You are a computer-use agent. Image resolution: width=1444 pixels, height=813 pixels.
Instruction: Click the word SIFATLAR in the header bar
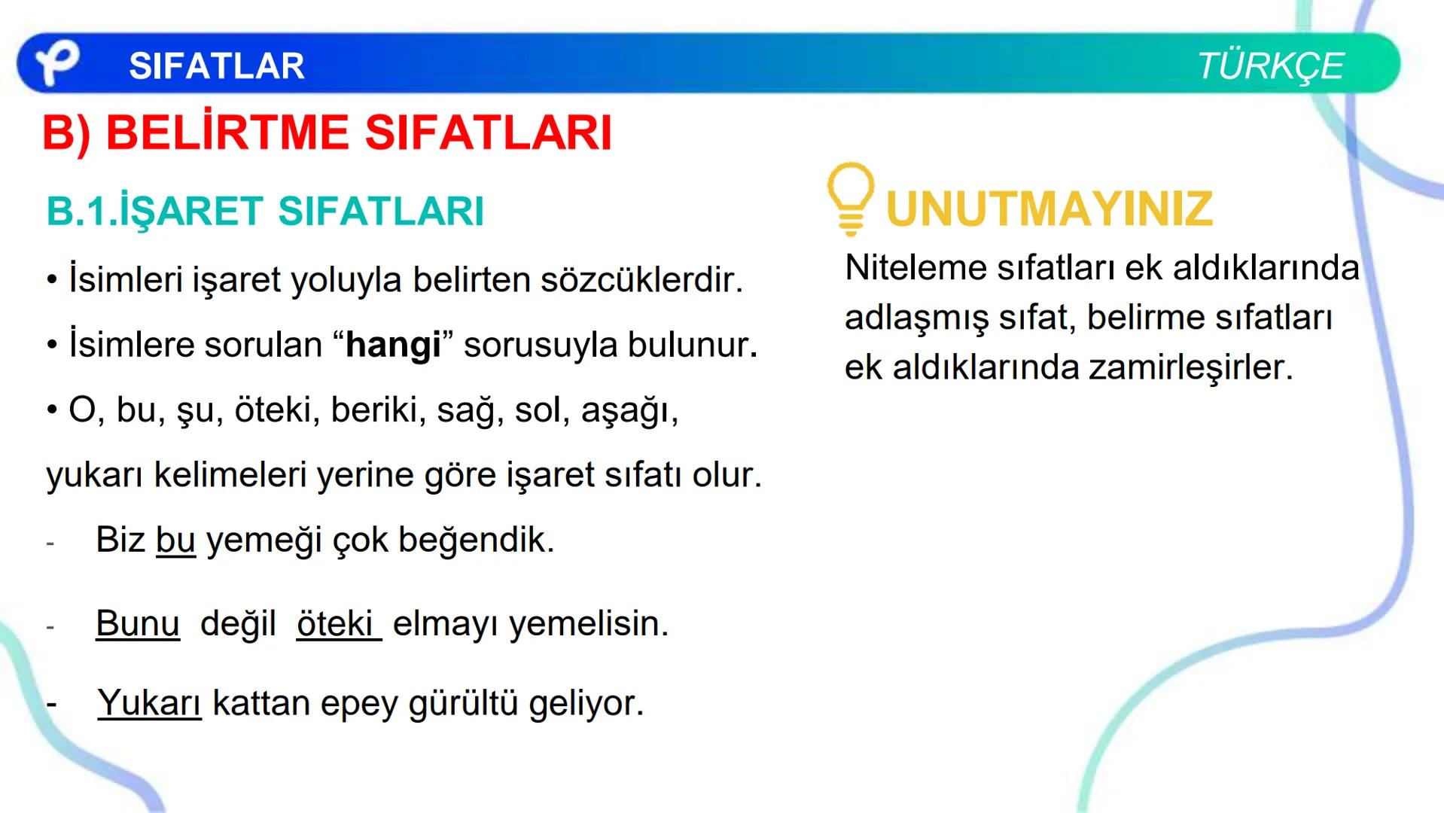click(217, 66)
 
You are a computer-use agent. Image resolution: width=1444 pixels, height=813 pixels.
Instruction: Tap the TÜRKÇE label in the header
click(1270, 66)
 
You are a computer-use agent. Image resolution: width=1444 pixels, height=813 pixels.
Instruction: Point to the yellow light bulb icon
click(850, 197)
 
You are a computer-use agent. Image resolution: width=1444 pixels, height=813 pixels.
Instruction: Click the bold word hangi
click(393, 346)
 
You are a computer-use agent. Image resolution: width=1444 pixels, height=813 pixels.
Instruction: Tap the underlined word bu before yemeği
click(175, 540)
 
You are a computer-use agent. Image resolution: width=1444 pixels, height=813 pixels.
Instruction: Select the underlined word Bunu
click(138, 623)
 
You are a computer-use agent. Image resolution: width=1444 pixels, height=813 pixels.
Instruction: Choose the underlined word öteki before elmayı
click(336, 623)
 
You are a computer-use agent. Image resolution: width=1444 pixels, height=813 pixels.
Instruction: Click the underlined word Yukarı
click(149, 703)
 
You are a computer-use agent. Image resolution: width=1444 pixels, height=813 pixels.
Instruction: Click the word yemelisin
click(588, 623)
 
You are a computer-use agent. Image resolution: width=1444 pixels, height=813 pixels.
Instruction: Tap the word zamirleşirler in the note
click(1190, 367)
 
